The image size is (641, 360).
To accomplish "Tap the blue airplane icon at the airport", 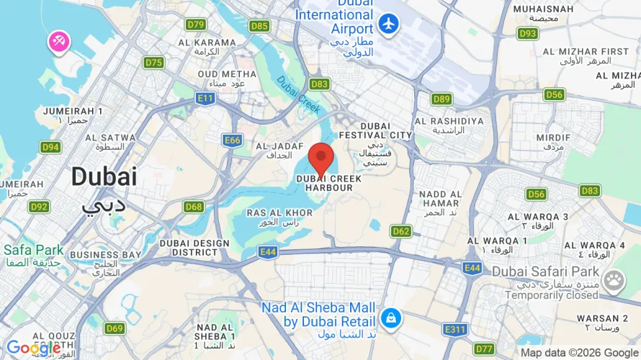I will pyautogui.click(x=389, y=23).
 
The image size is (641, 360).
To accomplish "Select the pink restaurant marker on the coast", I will pyautogui.click(x=58, y=42).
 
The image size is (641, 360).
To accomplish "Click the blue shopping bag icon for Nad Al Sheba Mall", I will pyautogui.click(x=390, y=317).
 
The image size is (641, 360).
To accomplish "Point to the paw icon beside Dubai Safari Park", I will pyautogui.click(x=614, y=280).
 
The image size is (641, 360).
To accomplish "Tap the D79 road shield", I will pyautogui.click(x=196, y=24).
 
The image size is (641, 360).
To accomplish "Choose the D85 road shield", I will pyautogui.click(x=259, y=26).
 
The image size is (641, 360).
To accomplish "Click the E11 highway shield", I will pyautogui.click(x=205, y=98).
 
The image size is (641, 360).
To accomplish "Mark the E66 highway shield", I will pyautogui.click(x=232, y=140).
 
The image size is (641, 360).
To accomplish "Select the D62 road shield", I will pyautogui.click(x=401, y=231).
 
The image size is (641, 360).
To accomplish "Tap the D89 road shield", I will pyautogui.click(x=441, y=99).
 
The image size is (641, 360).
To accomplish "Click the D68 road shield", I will pyautogui.click(x=193, y=207).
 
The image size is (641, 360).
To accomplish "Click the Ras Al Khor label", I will pyautogui.click(x=279, y=217).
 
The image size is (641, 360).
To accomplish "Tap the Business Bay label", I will pyautogui.click(x=105, y=259).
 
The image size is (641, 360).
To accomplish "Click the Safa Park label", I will pyautogui.click(x=33, y=255).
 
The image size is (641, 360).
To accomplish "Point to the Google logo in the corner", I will pyautogui.click(x=33, y=348).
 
